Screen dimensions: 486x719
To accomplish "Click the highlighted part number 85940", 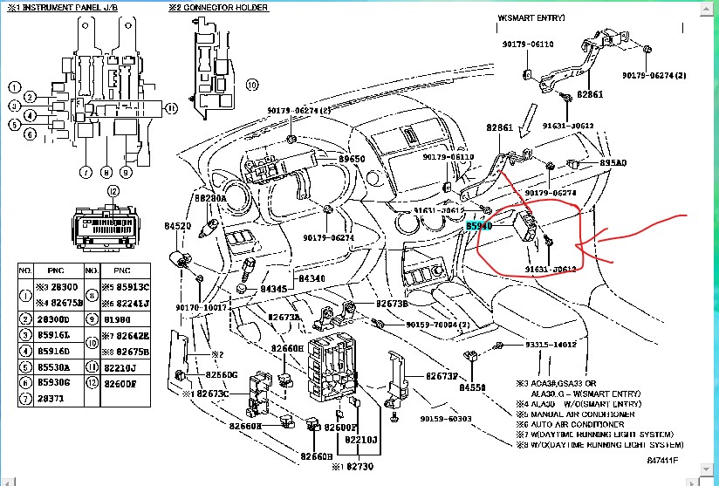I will coord(479,225).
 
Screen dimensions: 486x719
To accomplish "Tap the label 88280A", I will coord(209,198).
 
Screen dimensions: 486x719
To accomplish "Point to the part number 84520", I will coord(177,226).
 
